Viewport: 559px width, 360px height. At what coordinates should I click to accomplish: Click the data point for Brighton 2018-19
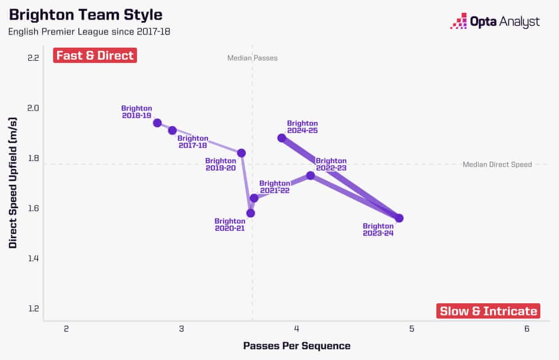157,123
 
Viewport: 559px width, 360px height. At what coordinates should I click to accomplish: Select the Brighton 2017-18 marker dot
172,130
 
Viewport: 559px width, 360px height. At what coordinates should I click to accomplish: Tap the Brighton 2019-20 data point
241,153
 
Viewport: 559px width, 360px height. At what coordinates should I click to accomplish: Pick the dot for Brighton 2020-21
251,213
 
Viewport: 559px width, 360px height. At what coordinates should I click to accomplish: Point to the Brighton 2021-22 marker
254,198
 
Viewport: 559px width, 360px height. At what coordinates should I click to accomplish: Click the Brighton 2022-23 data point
310,175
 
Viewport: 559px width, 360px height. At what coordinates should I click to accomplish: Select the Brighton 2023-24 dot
399,218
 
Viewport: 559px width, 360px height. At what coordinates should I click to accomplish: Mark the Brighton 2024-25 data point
282,138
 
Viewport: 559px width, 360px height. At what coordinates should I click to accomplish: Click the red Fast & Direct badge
95,55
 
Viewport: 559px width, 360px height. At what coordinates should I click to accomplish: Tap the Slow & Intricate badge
488,311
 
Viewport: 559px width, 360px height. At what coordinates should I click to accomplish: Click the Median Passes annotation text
252,58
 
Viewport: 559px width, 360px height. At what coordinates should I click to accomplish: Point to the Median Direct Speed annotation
497,165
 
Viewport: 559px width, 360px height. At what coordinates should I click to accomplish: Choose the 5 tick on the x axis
412,329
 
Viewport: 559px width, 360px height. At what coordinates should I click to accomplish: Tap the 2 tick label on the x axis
66,329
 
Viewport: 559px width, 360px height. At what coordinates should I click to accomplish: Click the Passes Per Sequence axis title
297,346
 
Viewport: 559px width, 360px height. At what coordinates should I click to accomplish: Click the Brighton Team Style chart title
86,15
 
